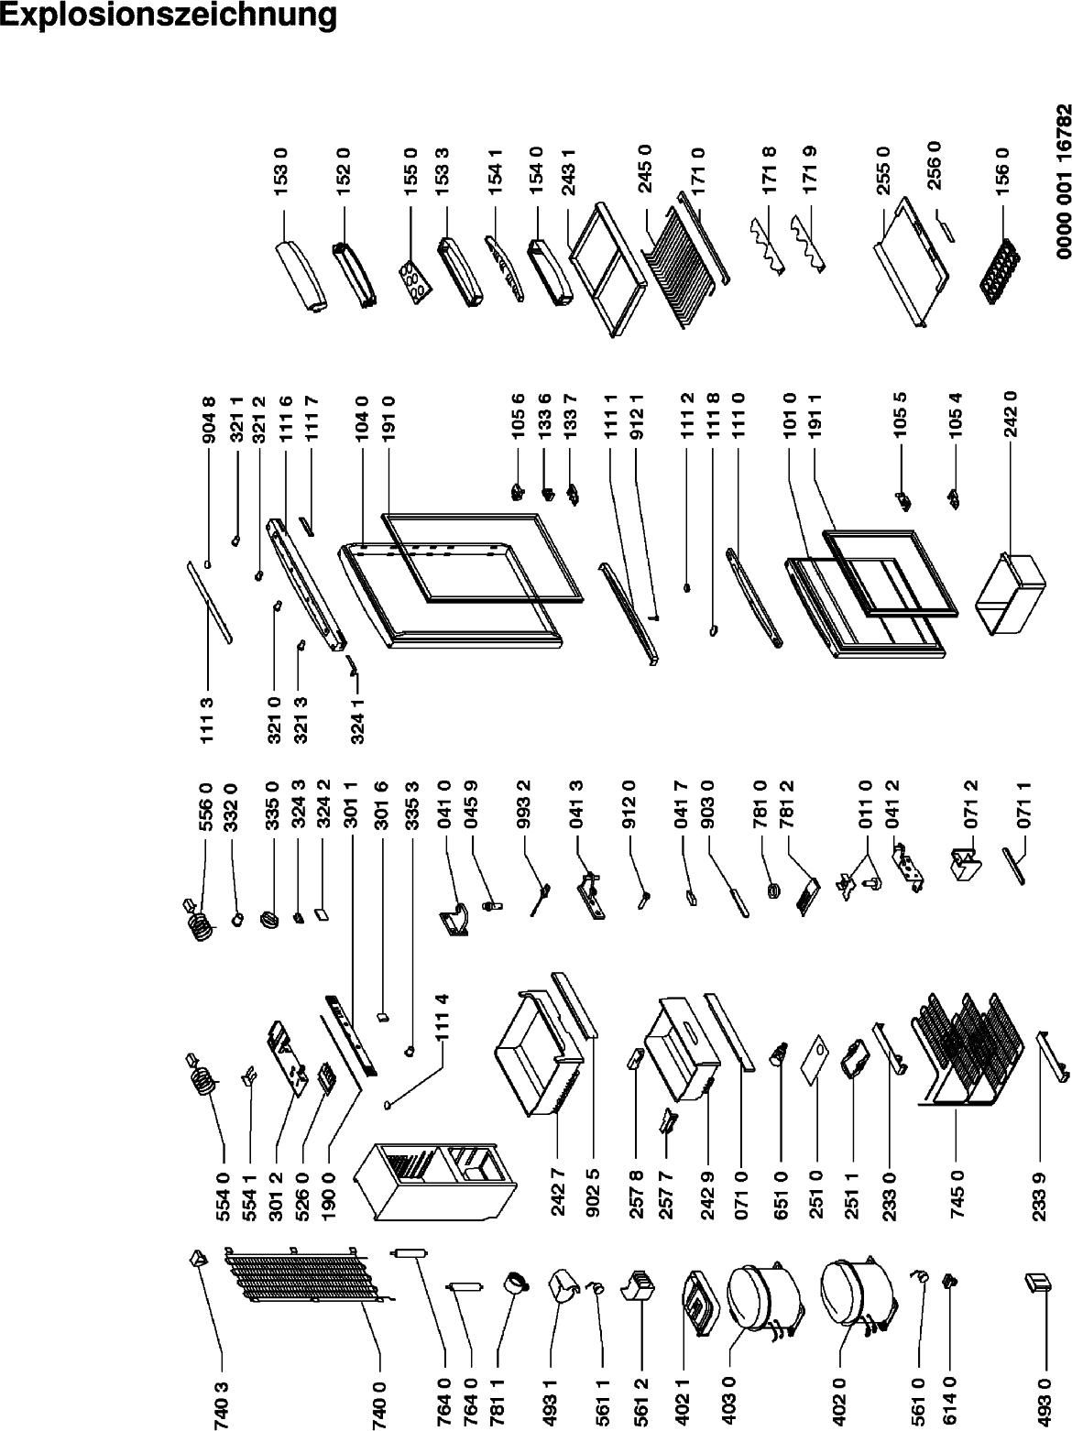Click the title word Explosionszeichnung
[169, 16]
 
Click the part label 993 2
[523, 806]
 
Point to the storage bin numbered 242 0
[1010, 594]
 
